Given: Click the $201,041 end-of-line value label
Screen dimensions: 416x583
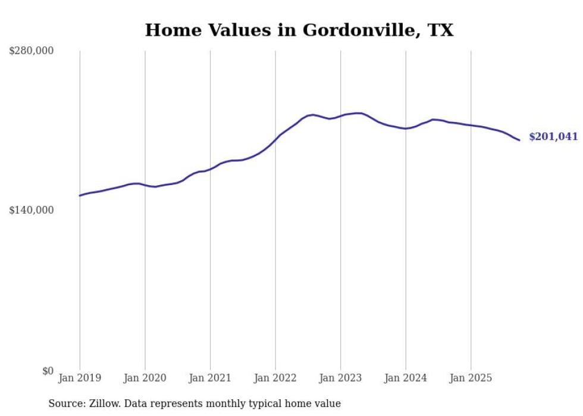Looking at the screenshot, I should tap(553, 137).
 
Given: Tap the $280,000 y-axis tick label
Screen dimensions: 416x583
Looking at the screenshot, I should tap(31, 51).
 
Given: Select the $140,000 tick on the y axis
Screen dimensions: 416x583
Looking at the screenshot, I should tap(31, 210).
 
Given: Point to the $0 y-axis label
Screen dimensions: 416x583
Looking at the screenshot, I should tap(48, 371).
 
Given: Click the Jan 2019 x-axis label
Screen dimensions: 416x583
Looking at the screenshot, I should tap(80, 378).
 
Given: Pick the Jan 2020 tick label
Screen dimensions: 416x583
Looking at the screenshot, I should tap(145, 378).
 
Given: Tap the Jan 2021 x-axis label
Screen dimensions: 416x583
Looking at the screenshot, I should tap(210, 378).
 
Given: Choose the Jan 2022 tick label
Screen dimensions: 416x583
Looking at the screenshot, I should tap(275, 378).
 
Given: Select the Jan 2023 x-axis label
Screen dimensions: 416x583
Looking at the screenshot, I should tap(340, 378).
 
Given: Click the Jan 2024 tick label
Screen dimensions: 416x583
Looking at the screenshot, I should tap(406, 378).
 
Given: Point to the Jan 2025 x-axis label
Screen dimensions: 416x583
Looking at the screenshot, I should tap(471, 378).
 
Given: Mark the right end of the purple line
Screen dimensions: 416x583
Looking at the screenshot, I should tap(519, 140).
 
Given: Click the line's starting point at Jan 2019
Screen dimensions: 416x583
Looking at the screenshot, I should tap(80, 195).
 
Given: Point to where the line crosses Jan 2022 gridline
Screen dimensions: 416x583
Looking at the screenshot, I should tap(275, 140).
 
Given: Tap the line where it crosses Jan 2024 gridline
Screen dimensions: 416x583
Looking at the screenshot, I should tap(406, 129).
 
